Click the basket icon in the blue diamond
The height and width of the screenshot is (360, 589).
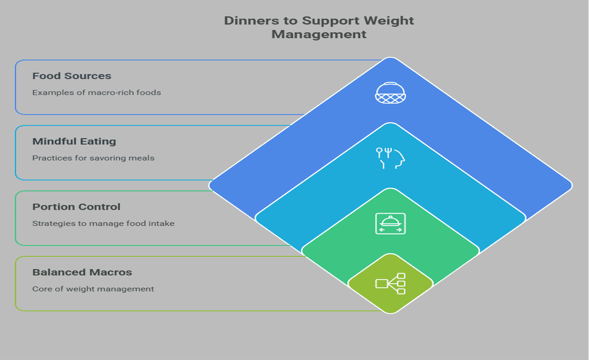click(x=391, y=93)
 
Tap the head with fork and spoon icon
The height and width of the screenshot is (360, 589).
click(x=391, y=158)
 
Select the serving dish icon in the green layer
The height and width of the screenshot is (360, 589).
click(x=391, y=223)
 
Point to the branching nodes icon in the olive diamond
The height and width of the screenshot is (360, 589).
click(x=391, y=283)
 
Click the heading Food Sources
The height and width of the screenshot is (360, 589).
click(x=72, y=76)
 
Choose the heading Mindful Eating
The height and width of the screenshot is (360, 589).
click(x=74, y=141)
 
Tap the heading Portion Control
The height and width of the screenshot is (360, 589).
click(x=76, y=207)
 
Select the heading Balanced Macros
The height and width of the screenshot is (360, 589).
click(x=82, y=272)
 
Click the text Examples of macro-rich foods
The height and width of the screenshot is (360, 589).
click(x=97, y=93)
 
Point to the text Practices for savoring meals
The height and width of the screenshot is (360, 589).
click(x=93, y=158)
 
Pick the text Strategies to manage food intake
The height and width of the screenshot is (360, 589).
click(x=103, y=223)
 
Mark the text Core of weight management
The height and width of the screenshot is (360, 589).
click(x=93, y=289)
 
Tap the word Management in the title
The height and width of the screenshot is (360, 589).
click(x=319, y=35)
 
